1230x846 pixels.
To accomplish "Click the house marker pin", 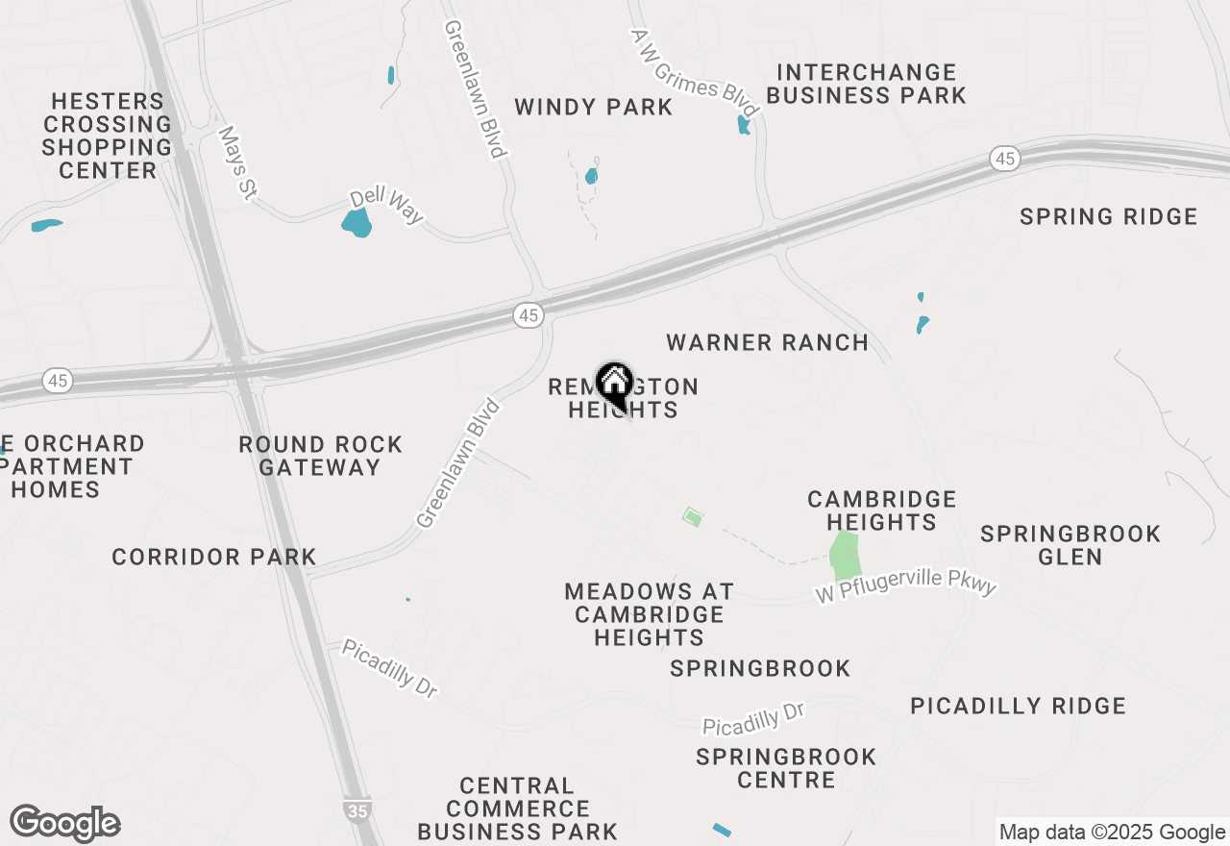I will (x=614, y=385).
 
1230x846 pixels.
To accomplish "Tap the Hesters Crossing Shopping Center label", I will (x=107, y=136).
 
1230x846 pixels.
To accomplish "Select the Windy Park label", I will (x=593, y=107).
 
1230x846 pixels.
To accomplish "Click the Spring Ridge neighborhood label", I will (x=1108, y=216).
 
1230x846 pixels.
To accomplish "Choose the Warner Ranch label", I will (x=767, y=342).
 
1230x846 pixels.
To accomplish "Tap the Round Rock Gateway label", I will (x=320, y=456).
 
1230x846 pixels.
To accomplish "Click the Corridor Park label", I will (x=213, y=557).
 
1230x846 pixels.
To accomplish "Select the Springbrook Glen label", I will (x=1070, y=545).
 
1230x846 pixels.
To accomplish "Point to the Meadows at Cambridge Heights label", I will (x=649, y=614).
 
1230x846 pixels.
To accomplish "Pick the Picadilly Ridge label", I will (x=1018, y=706).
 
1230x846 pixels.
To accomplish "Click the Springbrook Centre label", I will (x=786, y=768).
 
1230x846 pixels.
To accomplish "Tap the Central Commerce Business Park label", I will (x=517, y=809).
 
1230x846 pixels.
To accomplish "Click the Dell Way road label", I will (x=386, y=205).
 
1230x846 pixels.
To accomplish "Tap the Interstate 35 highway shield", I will (x=357, y=810).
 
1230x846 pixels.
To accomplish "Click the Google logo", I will (x=64, y=824).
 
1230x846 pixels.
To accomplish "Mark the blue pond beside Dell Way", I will (x=357, y=223).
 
